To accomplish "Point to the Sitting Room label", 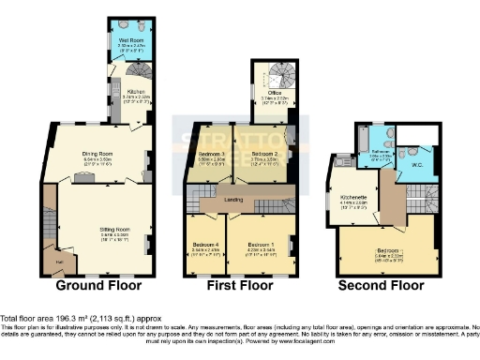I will coord(114,228).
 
